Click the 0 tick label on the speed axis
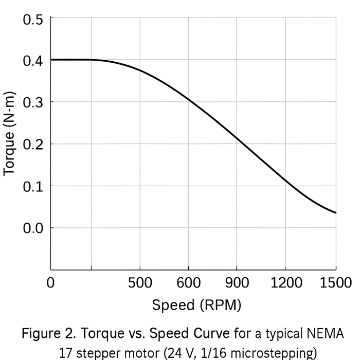tap(50, 283)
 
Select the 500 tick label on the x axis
tap(140, 283)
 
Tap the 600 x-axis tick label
tap(188, 283)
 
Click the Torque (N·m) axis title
tap(10, 134)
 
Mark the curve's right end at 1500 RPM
tap(335, 212)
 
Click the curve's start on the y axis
tap(51, 60)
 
